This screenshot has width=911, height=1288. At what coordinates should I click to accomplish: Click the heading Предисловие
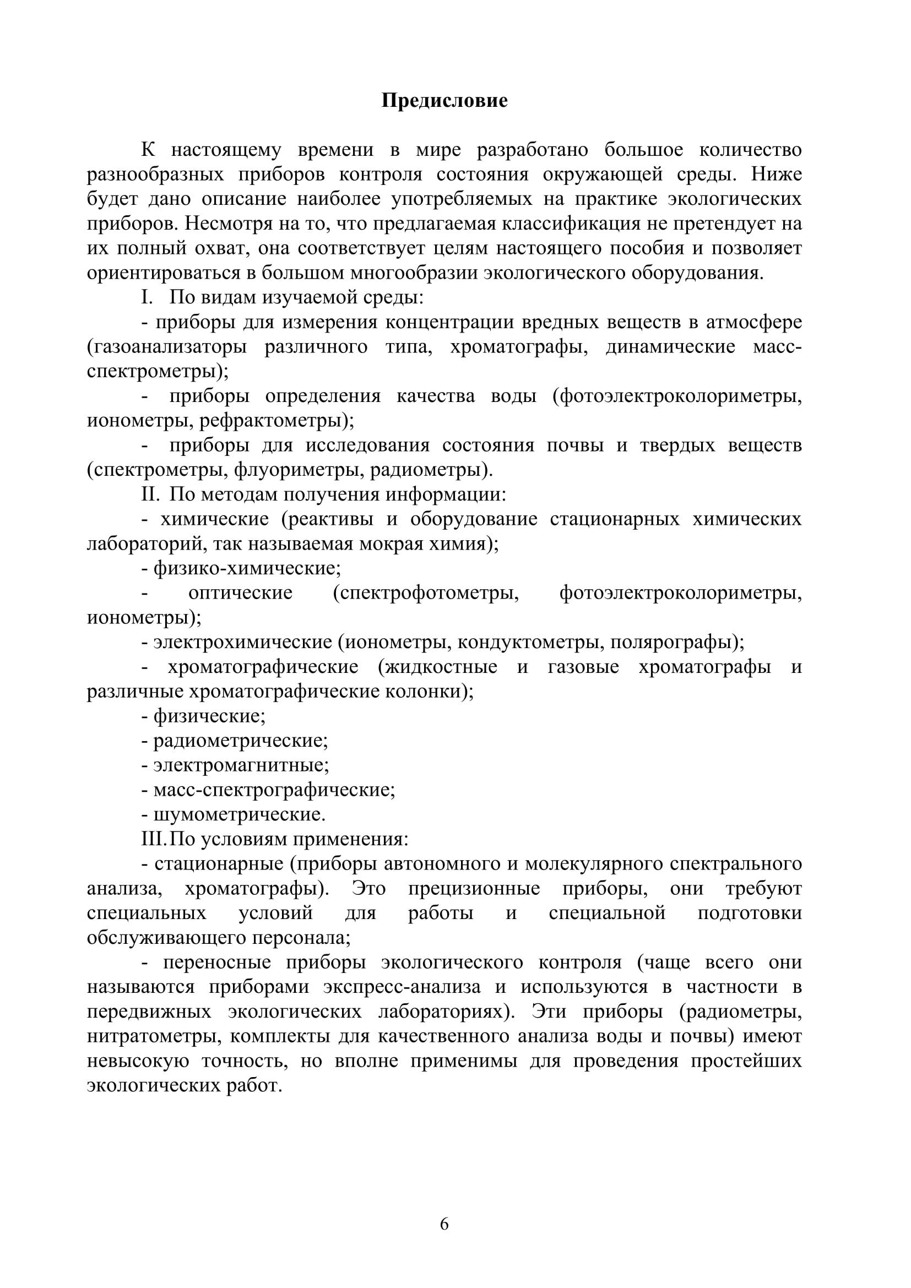coord(444,101)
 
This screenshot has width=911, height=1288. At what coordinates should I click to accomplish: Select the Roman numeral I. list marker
coord(147,297)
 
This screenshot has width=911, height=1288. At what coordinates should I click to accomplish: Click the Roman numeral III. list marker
coord(155,839)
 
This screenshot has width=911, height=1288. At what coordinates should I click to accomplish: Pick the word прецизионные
coord(474,889)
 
